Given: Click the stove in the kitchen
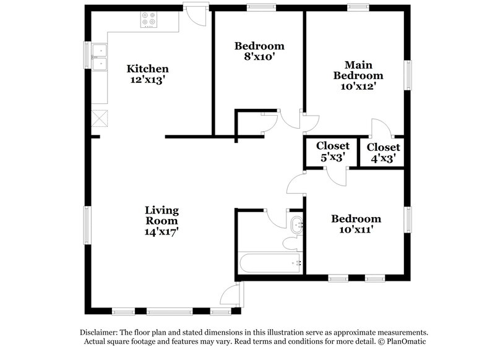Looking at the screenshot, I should tap(148, 21).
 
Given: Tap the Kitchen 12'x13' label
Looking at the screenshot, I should tap(148, 74).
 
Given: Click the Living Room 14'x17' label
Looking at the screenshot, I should tap(162, 220).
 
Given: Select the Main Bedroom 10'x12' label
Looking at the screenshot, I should tap(358, 75).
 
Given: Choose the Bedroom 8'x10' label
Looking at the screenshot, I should tap(259, 51).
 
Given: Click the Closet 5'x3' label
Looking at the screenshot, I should tap(333, 152).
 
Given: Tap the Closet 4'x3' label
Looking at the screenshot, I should tap(383, 152).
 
